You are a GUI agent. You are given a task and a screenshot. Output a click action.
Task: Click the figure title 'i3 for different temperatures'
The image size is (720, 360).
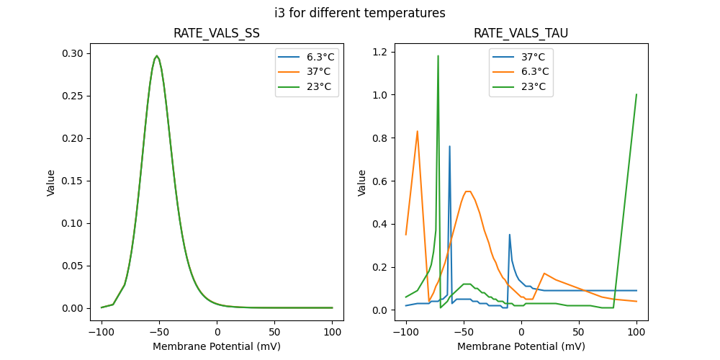(x=359, y=13)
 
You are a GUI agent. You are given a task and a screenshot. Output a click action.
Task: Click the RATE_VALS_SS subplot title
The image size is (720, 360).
(x=217, y=34)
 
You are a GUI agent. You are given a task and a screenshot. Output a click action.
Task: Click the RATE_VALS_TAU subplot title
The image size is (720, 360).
(x=521, y=34)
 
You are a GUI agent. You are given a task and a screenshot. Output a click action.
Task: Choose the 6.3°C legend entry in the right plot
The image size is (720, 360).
(x=521, y=72)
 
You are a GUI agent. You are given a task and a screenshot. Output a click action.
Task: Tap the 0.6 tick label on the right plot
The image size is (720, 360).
(x=380, y=181)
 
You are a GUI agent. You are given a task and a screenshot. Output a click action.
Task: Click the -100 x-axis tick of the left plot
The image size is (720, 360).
(x=102, y=333)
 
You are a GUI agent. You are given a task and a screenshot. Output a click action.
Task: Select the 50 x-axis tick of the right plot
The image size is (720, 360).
(x=579, y=333)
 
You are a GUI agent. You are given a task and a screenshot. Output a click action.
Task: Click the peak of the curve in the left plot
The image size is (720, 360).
(x=157, y=56)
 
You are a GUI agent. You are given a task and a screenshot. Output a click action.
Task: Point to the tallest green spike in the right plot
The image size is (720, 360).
(x=438, y=55)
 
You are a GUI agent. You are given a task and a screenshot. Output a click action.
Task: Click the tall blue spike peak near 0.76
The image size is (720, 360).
(x=450, y=146)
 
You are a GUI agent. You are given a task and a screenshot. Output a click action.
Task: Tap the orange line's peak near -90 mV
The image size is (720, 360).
(x=418, y=131)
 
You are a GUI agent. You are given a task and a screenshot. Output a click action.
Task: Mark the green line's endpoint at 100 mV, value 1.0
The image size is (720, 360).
(x=636, y=94)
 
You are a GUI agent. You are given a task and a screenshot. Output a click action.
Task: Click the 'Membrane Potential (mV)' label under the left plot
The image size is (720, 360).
(x=217, y=346)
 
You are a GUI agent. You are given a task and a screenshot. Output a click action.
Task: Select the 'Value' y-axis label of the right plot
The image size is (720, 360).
(x=362, y=183)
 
